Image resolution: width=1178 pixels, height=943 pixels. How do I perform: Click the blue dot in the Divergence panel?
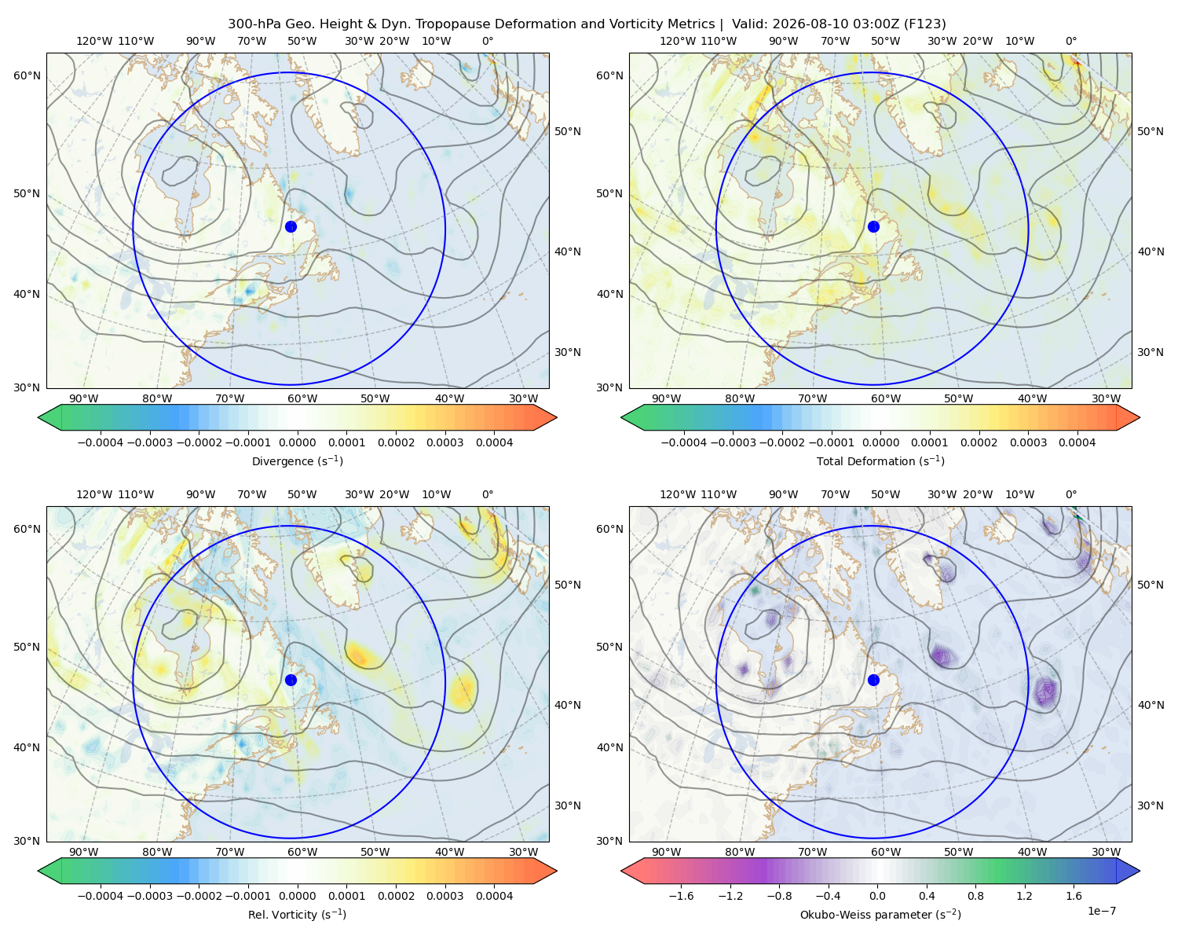(x=291, y=226)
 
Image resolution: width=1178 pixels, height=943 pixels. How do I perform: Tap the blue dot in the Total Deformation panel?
(x=873, y=226)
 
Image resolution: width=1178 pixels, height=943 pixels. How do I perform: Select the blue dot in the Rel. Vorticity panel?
(x=291, y=680)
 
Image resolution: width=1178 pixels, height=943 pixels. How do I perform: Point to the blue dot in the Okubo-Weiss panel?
(x=873, y=680)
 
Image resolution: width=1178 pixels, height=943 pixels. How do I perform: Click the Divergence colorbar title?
(x=297, y=460)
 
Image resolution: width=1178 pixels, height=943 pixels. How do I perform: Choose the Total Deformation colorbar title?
(x=880, y=460)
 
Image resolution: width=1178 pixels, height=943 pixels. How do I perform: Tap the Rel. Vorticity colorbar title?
(x=297, y=914)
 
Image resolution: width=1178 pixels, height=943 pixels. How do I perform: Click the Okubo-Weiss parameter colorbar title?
(x=880, y=914)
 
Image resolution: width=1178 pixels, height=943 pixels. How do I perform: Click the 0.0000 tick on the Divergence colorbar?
(x=297, y=442)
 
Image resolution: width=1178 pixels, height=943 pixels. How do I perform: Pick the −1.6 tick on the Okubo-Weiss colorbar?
(x=682, y=896)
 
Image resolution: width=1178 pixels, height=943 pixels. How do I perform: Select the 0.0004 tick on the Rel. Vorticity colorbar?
(x=494, y=896)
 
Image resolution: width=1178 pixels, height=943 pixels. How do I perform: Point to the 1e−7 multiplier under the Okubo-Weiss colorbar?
(x=1101, y=911)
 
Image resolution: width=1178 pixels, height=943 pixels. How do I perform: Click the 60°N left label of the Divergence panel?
(x=27, y=75)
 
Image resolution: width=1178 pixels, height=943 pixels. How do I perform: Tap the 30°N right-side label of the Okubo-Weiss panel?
(x=1150, y=805)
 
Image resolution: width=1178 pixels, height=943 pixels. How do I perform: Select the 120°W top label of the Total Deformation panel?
(x=678, y=41)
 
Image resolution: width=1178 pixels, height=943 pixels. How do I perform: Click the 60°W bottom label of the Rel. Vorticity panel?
(x=302, y=852)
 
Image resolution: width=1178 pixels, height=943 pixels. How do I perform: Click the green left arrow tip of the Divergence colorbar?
(x=38, y=417)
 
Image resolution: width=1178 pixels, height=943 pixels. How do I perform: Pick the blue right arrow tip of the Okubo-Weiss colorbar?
(x=1140, y=871)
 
